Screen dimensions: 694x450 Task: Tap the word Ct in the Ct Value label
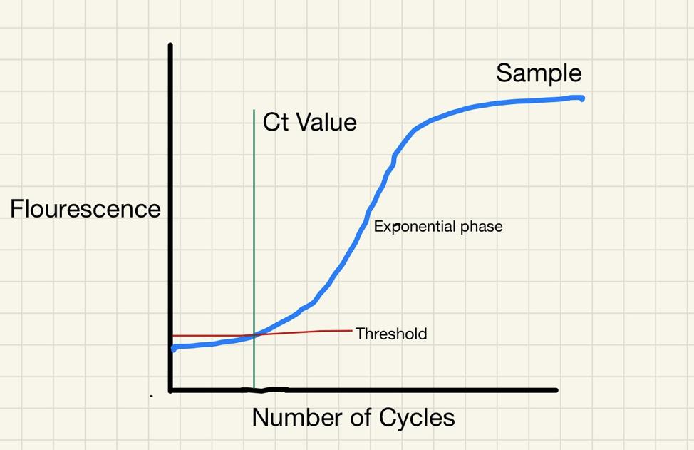click(276, 122)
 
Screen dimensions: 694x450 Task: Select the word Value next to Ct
click(326, 122)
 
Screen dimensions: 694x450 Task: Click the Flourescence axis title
click(86, 209)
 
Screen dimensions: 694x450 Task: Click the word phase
click(482, 227)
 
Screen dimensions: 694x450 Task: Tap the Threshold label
click(391, 334)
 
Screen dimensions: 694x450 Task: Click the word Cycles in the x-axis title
click(417, 417)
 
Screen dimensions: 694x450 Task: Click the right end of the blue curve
click(581, 98)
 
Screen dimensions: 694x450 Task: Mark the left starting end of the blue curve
click(174, 348)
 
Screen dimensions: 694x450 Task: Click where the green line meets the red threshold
click(254, 335)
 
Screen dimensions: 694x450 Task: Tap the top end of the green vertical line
click(254, 110)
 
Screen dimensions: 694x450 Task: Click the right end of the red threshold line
click(352, 330)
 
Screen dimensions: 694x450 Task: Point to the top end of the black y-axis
click(170, 45)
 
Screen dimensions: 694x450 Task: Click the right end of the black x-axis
click(556, 390)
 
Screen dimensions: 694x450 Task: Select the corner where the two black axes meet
click(171, 390)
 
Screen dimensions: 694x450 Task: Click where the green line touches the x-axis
click(254, 389)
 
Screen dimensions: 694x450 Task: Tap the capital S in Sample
click(504, 73)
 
